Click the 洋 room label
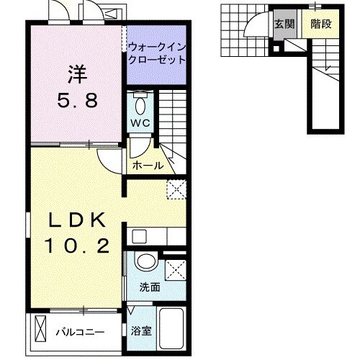tap(78, 74)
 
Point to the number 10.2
tap(79, 247)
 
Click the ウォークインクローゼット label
tap(156, 53)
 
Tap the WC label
tap(140, 123)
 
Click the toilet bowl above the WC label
tap(140, 103)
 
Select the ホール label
tap(147, 166)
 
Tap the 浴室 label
tap(141, 332)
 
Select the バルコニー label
tap(80, 332)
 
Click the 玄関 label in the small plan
tap(282, 24)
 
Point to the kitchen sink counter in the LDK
tap(156, 234)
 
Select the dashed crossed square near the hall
tap(176, 189)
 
